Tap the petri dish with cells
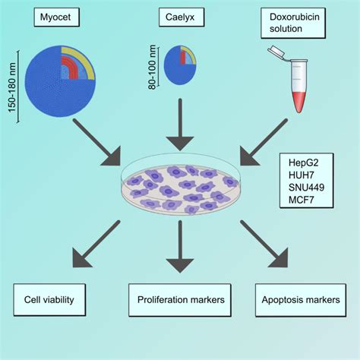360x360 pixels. point(179,186)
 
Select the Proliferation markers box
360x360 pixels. point(180,298)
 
